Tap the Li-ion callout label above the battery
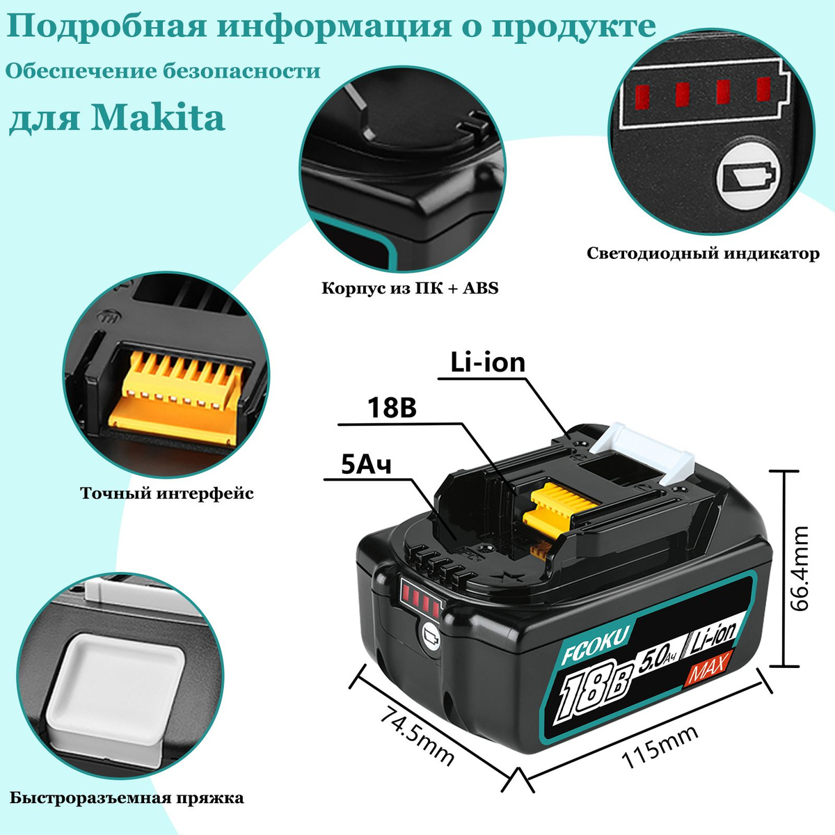(487, 363)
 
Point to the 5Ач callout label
(366, 464)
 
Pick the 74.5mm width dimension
(415, 735)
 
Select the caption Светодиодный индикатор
(703, 253)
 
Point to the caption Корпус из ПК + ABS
(410, 288)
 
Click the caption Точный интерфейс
(167, 493)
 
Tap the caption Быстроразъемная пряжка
(127, 797)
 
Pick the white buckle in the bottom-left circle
(118, 682)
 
